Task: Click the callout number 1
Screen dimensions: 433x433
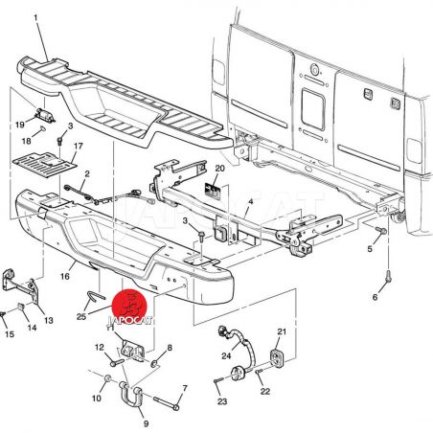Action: (36, 18)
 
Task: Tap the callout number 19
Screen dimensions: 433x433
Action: (20, 125)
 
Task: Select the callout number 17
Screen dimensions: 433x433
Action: (79, 147)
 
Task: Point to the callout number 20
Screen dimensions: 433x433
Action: (219, 169)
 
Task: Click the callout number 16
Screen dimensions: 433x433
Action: (65, 276)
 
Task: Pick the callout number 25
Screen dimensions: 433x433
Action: (81, 316)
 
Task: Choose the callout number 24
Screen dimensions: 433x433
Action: (226, 355)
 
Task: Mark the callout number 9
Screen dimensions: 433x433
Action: (146, 423)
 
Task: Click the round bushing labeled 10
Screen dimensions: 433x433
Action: (107, 379)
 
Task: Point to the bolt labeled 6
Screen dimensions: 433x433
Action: (388, 277)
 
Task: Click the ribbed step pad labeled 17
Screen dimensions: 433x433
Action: (45, 164)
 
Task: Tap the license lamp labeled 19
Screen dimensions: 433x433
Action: (45, 115)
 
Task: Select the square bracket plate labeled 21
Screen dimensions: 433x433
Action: (277, 358)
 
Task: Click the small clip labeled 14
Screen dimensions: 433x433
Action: (21, 308)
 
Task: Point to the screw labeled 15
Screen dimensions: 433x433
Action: (3, 315)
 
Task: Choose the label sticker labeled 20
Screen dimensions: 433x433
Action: (213, 192)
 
